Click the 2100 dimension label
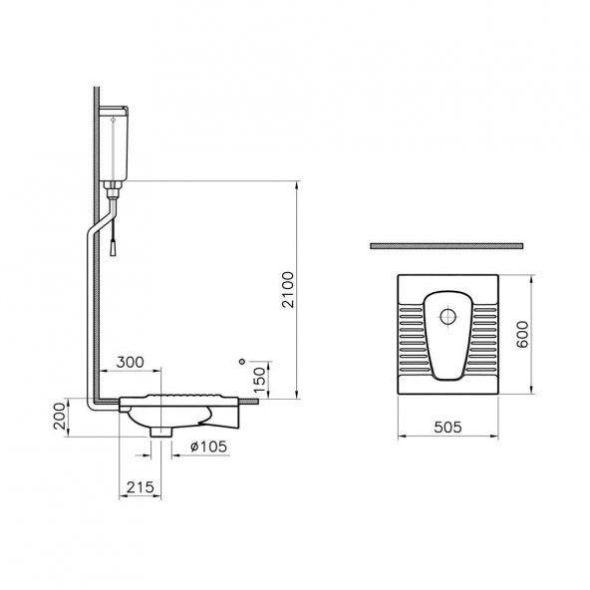(x=289, y=290)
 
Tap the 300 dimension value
(x=131, y=362)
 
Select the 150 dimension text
(x=260, y=380)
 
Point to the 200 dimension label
(x=60, y=416)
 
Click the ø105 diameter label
(x=209, y=446)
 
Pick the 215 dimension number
(x=141, y=487)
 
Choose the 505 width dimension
(x=447, y=428)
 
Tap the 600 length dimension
(x=522, y=334)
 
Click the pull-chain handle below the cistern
(x=113, y=249)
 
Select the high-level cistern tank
(x=114, y=144)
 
